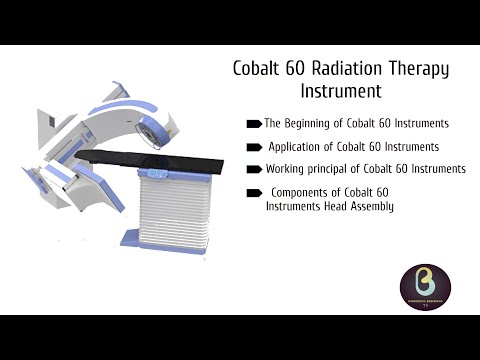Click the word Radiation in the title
pyautogui.click(x=332, y=70)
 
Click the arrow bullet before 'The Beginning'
pyautogui.click(x=254, y=124)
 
